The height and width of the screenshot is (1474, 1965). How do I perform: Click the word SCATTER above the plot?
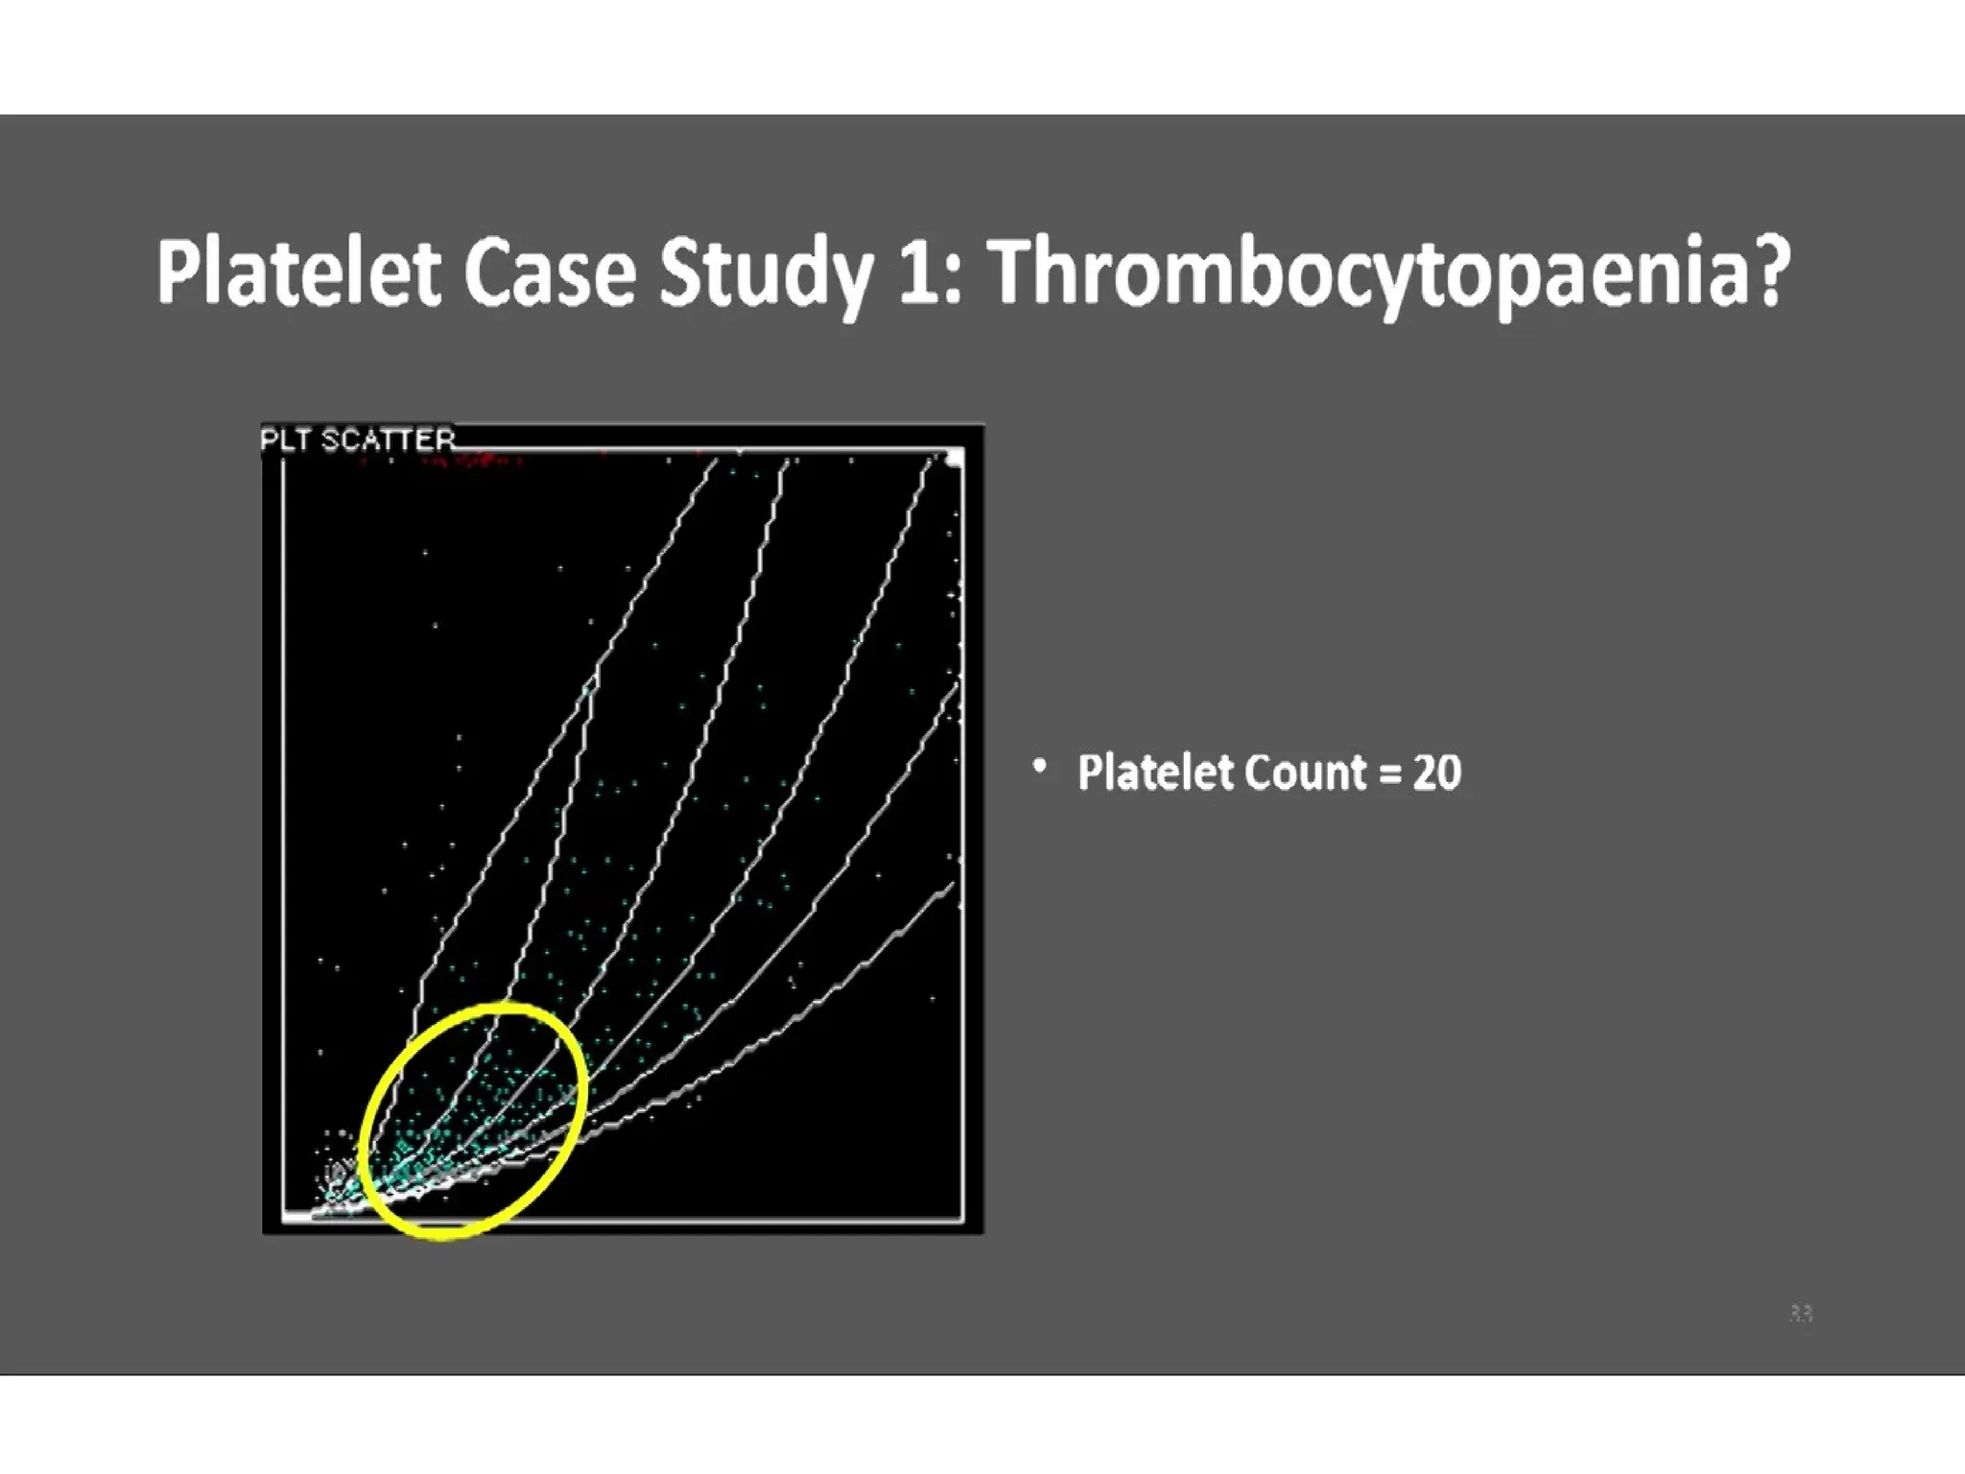tap(388, 440)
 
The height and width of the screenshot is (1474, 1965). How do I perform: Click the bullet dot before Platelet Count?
tap(1039, 768)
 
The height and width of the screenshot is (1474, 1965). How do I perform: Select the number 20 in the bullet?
tap(1436, 773)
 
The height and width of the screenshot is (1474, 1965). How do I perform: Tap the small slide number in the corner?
tap(1801, 1313)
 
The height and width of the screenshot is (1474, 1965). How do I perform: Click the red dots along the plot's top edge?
tap(470, 463)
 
